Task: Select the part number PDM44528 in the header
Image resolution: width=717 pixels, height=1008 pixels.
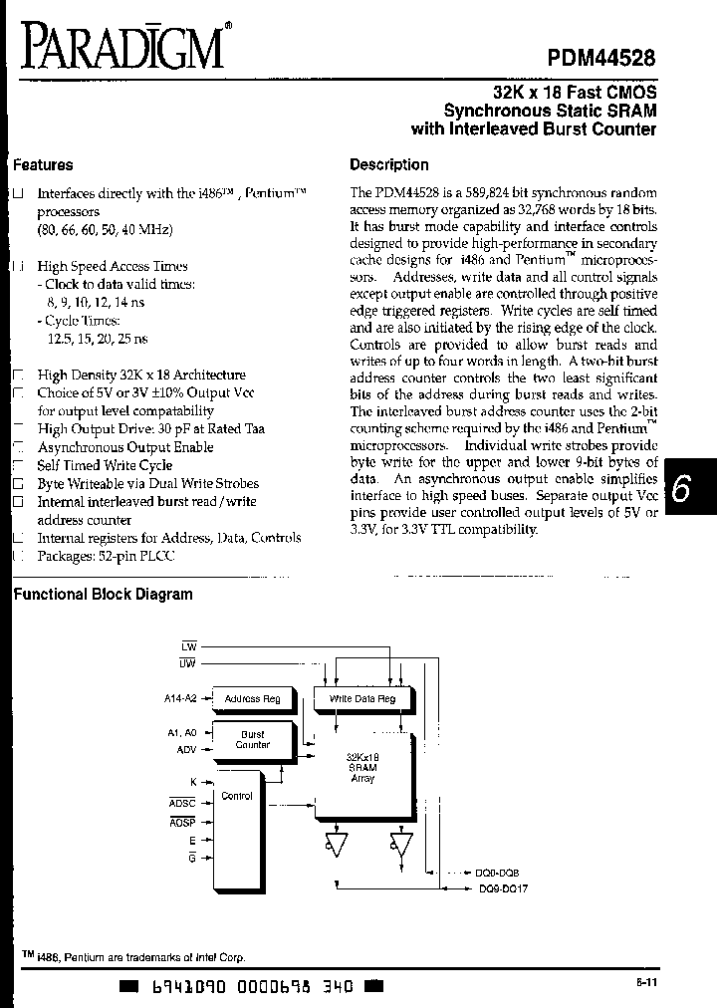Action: (x=600, y=59)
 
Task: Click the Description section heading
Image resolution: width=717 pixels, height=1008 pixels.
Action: (x=389, y=165)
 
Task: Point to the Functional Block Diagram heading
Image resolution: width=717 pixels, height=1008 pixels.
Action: (x=101, y=595)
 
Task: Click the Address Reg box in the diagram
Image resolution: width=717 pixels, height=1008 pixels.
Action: (x=253, y=699)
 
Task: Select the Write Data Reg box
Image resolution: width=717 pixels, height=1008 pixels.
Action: (x=362, y=699)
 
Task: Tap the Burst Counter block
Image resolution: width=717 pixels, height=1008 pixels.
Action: (x=253, y=739)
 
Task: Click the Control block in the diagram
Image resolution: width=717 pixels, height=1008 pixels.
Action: (x=237, y=797)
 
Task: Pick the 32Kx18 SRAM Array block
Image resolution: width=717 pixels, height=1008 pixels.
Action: (x=362, y=769)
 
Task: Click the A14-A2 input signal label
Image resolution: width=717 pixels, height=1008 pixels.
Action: (x=180, y=699)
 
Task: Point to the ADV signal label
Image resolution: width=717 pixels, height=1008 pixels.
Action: (x=187, y=750)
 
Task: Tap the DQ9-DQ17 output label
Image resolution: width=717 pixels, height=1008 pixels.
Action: (x=503, y=888)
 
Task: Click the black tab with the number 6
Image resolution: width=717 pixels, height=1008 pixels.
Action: (x=681, y=489)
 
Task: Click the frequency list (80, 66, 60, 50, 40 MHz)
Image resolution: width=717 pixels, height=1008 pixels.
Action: (x=105, y=230)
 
